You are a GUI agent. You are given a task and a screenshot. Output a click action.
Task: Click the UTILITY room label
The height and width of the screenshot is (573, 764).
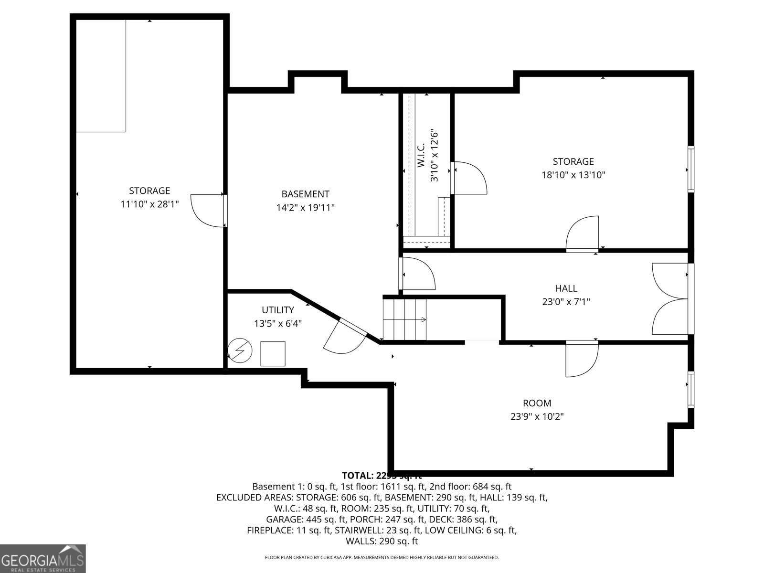(277, 310)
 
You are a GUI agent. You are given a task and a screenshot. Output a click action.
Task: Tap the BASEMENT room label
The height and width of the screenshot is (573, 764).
(305, 194)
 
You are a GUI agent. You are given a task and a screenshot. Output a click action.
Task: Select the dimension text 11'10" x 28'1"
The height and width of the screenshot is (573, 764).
(149, 204)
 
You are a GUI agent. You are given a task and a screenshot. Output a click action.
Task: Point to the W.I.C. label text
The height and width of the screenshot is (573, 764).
(421, 155)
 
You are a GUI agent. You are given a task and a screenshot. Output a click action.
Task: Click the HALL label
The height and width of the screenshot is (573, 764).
(566, 288)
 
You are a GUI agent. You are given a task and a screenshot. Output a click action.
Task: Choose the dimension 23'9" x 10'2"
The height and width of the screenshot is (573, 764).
(537, 416)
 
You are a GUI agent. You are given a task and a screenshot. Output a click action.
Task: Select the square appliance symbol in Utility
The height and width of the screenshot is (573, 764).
(273, 354)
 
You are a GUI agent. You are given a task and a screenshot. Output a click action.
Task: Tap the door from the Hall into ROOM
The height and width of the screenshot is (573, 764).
(581, 359)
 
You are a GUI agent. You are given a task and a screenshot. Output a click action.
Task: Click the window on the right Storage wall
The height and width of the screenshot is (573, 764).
(690, 170)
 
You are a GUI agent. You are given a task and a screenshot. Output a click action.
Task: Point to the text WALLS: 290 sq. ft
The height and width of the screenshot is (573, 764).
(382, 541)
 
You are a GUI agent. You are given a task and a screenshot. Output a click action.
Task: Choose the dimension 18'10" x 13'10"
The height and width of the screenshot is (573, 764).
(573, 175)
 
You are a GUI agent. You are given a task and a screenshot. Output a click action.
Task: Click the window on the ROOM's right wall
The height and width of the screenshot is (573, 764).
(690, 389)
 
